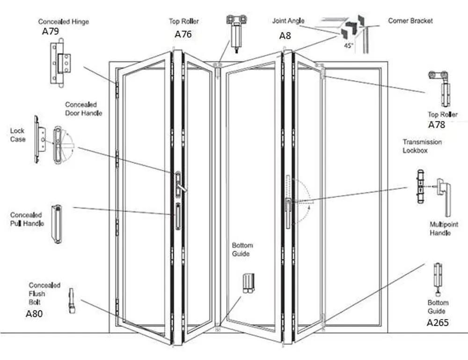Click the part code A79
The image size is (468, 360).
click(x=51, y=32)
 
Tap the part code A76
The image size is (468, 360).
click(x=183, y=34)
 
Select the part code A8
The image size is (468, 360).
click(x=285, y=36)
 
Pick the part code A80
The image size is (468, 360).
click(x=34, y=314)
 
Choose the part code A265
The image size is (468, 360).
click(x=437, y=323)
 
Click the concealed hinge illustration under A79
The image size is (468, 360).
click(x=60, y=63)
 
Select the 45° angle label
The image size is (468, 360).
click(x=348, y=46)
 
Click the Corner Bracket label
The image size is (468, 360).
click(x=410, y=21)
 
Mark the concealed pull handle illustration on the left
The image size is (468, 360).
click(x=57, y=224)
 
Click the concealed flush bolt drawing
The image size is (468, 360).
click(x=72, y=301)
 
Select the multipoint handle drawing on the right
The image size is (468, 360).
click(x=444, y=196)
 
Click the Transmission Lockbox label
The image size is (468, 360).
click(x=422, y=146)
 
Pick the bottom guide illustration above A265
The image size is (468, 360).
click(x=438, y=279)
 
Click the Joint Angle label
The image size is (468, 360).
click(x=288, y=21)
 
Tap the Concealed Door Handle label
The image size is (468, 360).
click(x=84, y=109)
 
